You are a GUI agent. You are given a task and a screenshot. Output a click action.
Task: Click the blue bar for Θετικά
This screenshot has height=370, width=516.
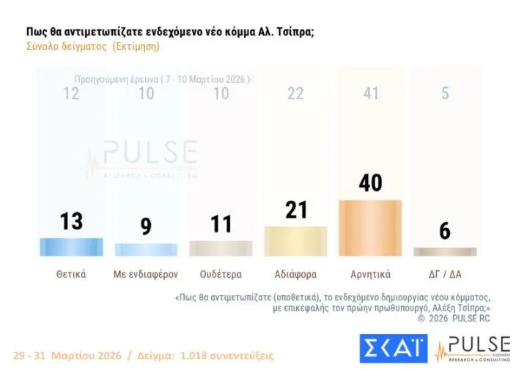coord(71,247)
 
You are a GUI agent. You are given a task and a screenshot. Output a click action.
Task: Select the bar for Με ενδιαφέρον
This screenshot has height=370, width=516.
coord(146,249)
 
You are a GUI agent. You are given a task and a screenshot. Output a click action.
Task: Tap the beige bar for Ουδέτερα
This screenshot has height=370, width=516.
coord(221,248)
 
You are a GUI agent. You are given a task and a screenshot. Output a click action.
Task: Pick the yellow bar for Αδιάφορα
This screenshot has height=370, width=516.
coord(295,241)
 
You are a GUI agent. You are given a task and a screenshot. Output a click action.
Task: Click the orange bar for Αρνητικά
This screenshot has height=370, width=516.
coord(370,228)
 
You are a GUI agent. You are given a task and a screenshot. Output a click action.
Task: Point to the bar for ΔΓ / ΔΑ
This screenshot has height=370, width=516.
coord(445,251)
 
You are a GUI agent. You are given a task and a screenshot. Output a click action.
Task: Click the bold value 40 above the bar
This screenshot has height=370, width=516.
coord(370,182)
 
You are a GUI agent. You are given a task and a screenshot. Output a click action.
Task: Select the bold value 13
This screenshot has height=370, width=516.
coord(71,221)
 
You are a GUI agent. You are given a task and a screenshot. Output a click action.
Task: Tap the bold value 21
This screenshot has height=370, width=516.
coord(295,210)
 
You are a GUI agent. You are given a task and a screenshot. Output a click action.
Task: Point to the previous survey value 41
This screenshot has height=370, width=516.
coord(370,93)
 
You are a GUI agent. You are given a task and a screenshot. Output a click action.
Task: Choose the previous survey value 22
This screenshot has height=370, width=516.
coord(295,93)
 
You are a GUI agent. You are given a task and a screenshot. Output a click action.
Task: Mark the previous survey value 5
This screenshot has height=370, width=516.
coord(445,93)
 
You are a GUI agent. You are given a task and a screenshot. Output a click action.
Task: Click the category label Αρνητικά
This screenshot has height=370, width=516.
coord(370,275)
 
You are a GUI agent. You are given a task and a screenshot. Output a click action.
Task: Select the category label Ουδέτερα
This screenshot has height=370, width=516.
coord(221,275)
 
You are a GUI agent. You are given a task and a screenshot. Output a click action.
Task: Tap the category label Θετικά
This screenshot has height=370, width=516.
coord(71,275)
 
